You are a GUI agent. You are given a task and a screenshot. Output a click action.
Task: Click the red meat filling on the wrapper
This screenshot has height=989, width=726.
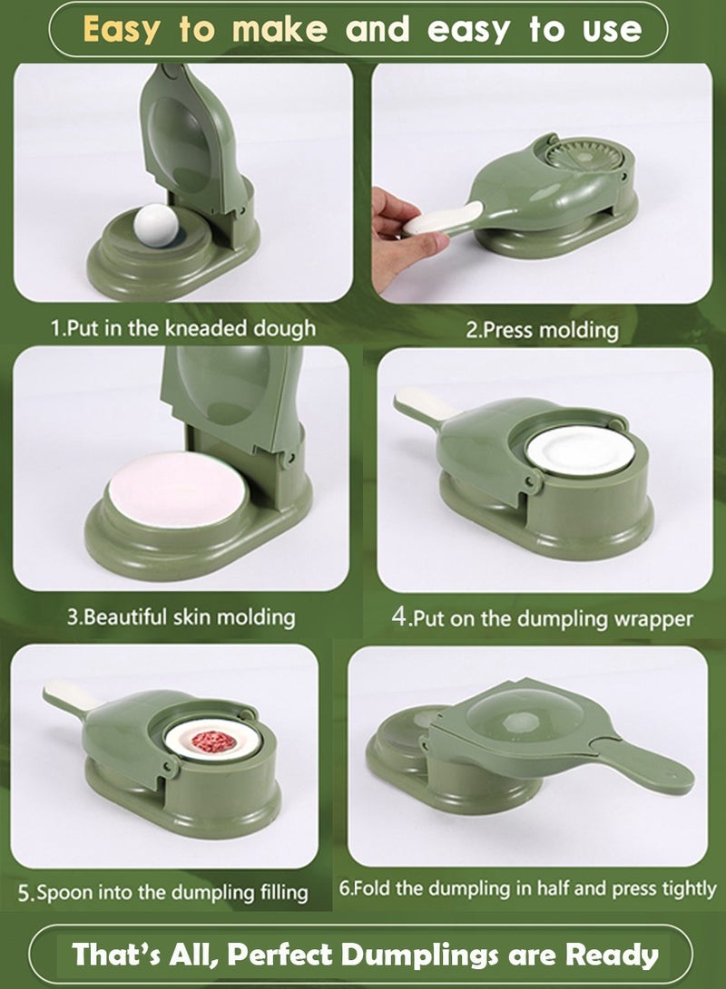point(213,741)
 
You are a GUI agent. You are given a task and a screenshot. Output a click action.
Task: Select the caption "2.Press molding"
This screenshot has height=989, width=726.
point(541,330)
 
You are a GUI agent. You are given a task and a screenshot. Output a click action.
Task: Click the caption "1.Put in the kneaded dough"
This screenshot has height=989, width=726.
point(182,327)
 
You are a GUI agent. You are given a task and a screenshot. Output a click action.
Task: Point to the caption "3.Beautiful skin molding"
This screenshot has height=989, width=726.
point(181,617)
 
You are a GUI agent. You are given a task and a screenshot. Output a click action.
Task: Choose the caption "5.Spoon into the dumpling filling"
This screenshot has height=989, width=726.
point(163,891)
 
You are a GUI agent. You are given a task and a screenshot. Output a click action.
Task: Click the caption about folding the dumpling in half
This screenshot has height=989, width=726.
point(527,888)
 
